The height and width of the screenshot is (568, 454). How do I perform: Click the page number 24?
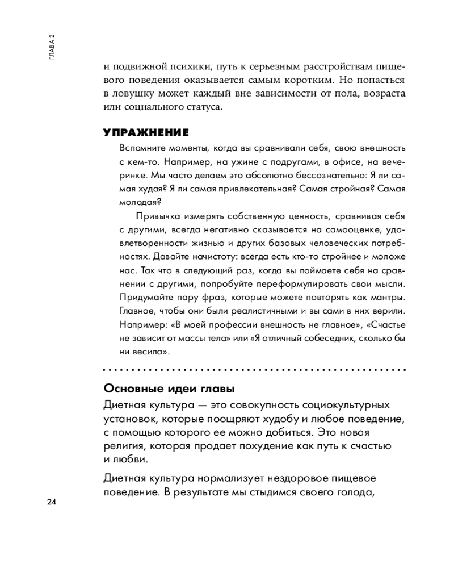click(x=51, y=502)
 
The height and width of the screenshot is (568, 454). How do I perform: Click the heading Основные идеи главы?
click(x=169, y=389)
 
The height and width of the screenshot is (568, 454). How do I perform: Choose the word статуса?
click(x=206, y=106)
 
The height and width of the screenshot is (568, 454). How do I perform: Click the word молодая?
click(x=139, y=202)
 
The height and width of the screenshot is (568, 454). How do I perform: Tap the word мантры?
click(x=387, y=297)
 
